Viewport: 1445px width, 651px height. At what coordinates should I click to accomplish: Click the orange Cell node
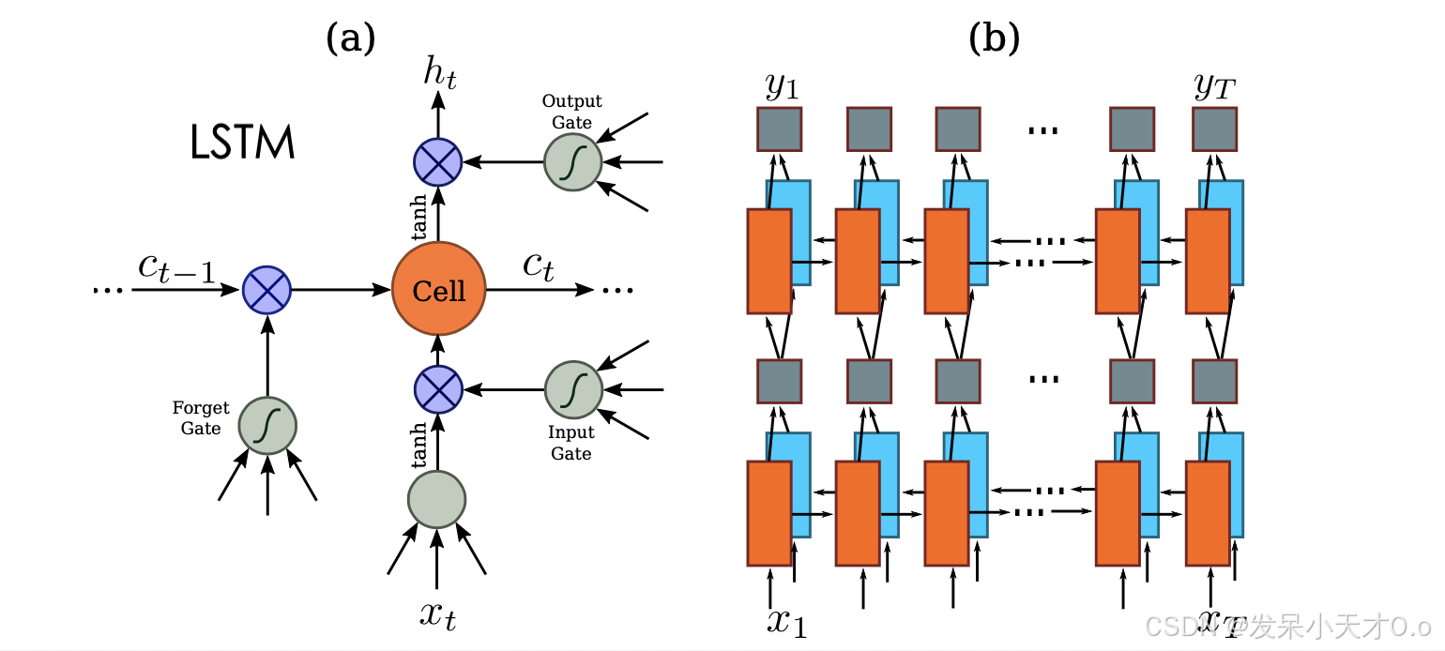click(438, 290)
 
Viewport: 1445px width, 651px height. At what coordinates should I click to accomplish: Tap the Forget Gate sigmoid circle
click(267, 425)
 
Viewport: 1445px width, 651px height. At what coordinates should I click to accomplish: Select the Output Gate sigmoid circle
click(572, 161)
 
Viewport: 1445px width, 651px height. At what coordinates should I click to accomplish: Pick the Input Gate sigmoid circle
click(573, 388)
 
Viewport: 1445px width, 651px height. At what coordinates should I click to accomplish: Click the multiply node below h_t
click(437, 161)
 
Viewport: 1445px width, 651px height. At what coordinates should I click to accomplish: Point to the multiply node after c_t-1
click(267, 290)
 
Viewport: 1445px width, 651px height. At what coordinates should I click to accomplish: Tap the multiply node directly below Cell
click(437, 388)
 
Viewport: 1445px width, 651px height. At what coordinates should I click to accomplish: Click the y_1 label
click(781, 86)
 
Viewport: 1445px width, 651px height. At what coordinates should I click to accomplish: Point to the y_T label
click(1214, 86)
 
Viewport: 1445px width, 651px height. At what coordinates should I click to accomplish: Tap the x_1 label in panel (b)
click(786, 621)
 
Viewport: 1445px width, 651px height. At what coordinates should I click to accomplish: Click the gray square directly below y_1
click(779, 129)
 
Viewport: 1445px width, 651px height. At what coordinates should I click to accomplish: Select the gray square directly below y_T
click(1214, 129)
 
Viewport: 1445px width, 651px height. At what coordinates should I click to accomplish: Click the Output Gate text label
click(571, 112)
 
